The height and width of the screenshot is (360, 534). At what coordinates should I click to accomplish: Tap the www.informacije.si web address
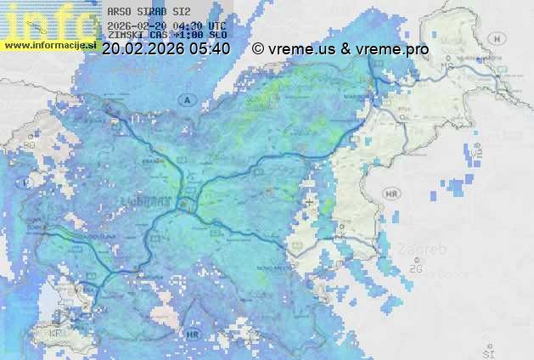pyautogui.click(x=50, y=43)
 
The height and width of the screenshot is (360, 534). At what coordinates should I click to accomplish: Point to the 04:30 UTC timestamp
pyautogui.click(x=199, y=25)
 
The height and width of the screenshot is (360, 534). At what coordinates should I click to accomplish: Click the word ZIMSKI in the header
pyautogui.click(x=126, y=36)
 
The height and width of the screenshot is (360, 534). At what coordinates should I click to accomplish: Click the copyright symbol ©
pyautogui.click(x=258, y=49)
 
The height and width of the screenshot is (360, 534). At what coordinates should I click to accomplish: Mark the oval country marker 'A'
pyautogui.click(x=185, y=100)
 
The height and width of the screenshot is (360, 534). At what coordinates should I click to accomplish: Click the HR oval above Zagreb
pyautogui.click(x=391, y=194)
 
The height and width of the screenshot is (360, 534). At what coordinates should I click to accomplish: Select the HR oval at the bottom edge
pyautogui.click(x=194, y=334)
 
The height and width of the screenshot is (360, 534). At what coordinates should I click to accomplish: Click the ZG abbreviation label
pyautogui.click(x=416, y=269)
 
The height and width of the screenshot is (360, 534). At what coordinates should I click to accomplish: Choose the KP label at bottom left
pyautogui.click(x=57, y=334)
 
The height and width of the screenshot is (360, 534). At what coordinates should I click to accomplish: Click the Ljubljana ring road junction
pyautogui.click(x=188, y=205)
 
